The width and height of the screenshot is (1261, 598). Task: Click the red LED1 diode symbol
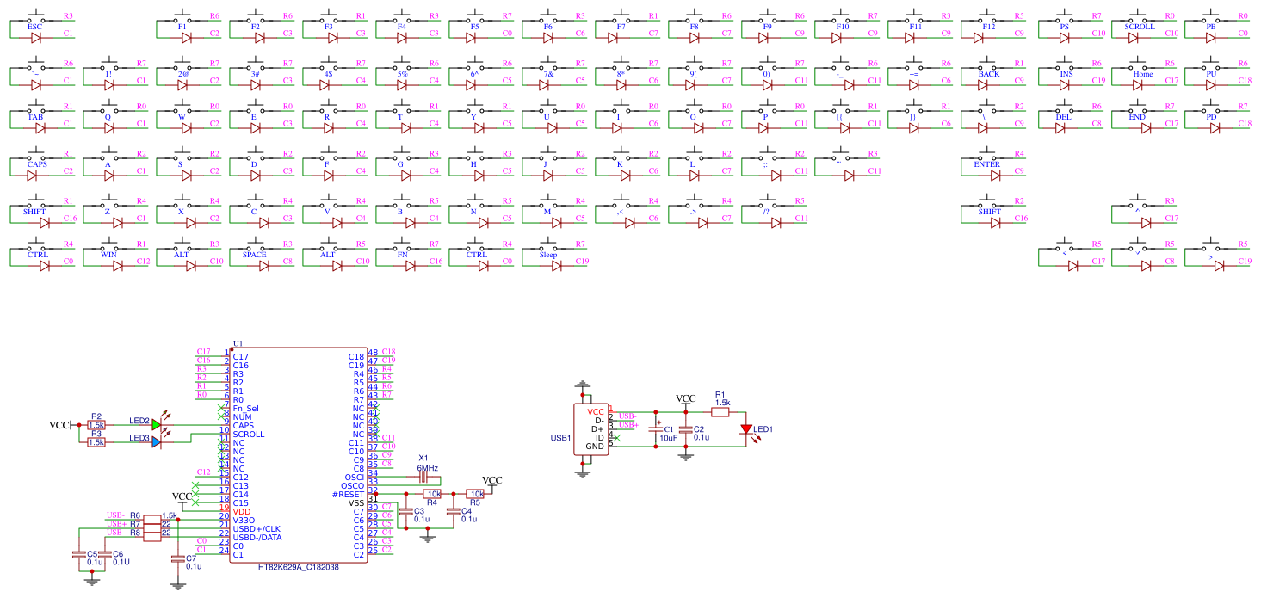(x=746, y=428)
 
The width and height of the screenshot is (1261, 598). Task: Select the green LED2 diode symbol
(x=157, y=424)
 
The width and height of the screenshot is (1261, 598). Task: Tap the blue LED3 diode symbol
(x=157, y=441)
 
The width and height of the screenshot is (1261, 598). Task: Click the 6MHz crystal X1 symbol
(x=423, y=477)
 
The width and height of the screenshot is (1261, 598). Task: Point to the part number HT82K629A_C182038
(x=299, y=567)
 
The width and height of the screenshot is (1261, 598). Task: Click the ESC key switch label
(x=34, y=27)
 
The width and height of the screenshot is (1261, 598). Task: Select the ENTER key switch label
(x=986, y=164)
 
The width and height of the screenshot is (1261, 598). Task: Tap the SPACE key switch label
(x=254, y=255)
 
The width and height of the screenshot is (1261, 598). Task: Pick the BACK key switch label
(x=988, y=74)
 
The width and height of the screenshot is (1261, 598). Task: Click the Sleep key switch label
(x=548, y=255)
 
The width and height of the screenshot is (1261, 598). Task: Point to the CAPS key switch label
(x=36, y=164)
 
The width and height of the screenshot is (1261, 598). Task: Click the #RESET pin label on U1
(x=348, y=494)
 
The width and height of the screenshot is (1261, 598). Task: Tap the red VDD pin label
(x=241, y=511)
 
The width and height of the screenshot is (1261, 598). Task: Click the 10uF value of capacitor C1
(x=668, y=438)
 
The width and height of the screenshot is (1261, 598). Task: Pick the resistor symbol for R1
(x=720, y=412)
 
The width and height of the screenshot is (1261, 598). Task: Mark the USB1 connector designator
(x=561, y=438)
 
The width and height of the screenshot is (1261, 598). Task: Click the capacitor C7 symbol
(x=178, y=558)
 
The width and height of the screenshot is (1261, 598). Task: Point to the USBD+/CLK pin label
(x=257, y=528)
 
